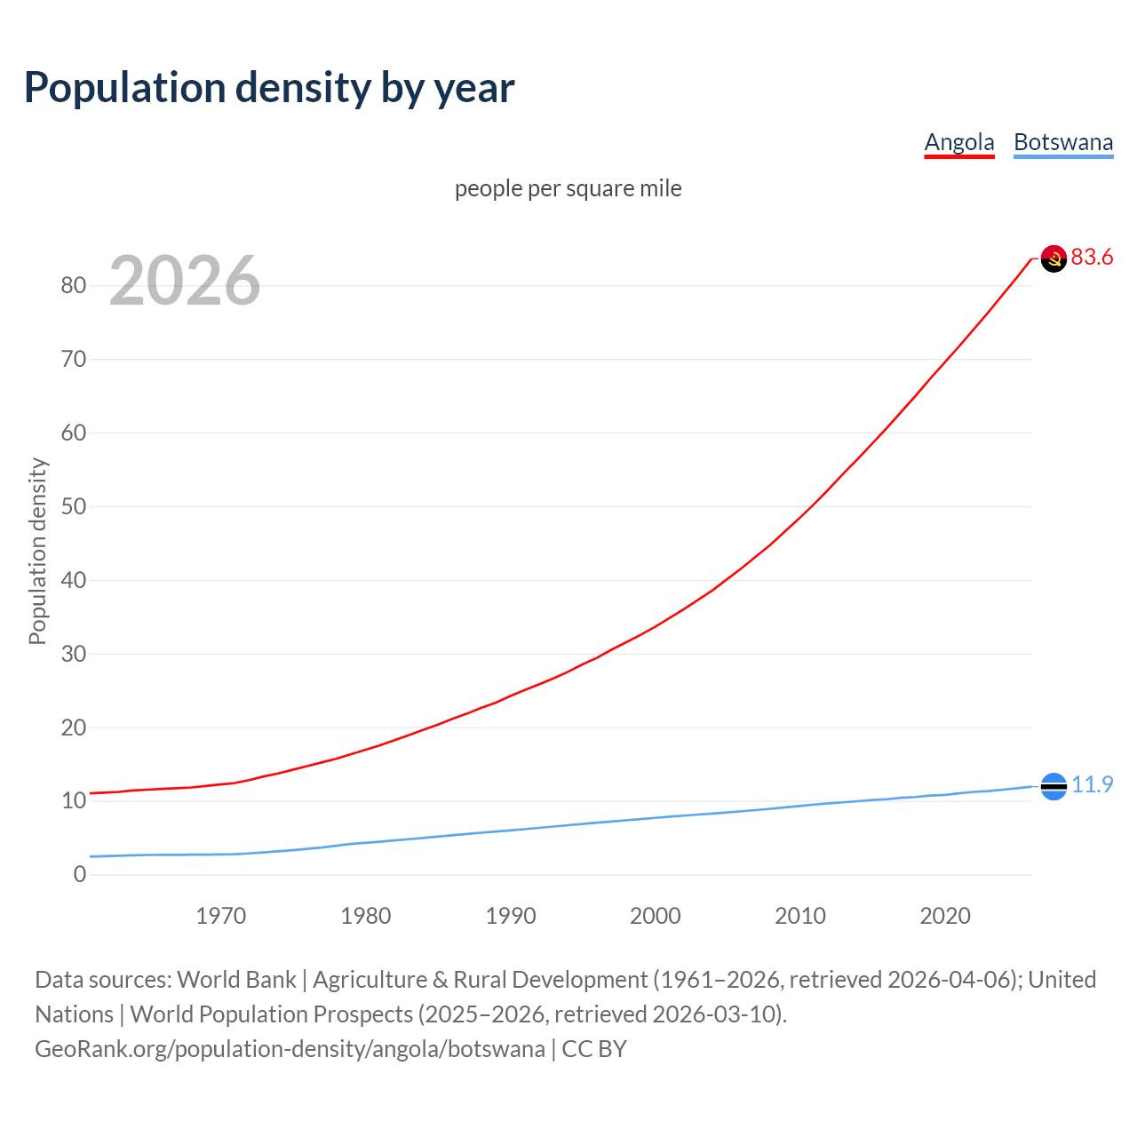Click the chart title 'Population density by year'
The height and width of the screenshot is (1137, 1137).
[269, 88]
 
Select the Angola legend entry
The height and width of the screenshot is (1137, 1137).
[959, 142]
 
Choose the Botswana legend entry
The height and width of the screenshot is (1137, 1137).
[1063, 142]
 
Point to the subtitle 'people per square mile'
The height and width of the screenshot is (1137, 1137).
[568, 188]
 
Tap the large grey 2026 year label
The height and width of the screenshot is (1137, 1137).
[185, 281]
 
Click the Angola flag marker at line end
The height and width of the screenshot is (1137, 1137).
[1054, 258]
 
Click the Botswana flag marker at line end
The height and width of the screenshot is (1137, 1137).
[1054, 786]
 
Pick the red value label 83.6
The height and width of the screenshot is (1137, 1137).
[1092, 258]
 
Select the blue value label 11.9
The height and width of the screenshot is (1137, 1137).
[1092, 785]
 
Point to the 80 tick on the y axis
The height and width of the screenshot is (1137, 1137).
[74, 285]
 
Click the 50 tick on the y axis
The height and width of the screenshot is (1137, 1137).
[74, 506]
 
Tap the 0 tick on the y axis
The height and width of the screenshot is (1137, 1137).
[80, 874]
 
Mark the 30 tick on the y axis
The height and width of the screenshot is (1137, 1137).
[74, 654]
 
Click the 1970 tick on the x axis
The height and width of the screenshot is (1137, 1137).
[221, 916]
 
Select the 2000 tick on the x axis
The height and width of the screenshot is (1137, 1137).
[656, 916]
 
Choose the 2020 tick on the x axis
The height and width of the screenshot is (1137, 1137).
[945, 916]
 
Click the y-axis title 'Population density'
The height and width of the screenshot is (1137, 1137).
[37, 551]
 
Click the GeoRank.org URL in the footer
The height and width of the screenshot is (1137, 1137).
[290, 1049]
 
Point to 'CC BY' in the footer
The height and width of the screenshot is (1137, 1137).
[594, 1049]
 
